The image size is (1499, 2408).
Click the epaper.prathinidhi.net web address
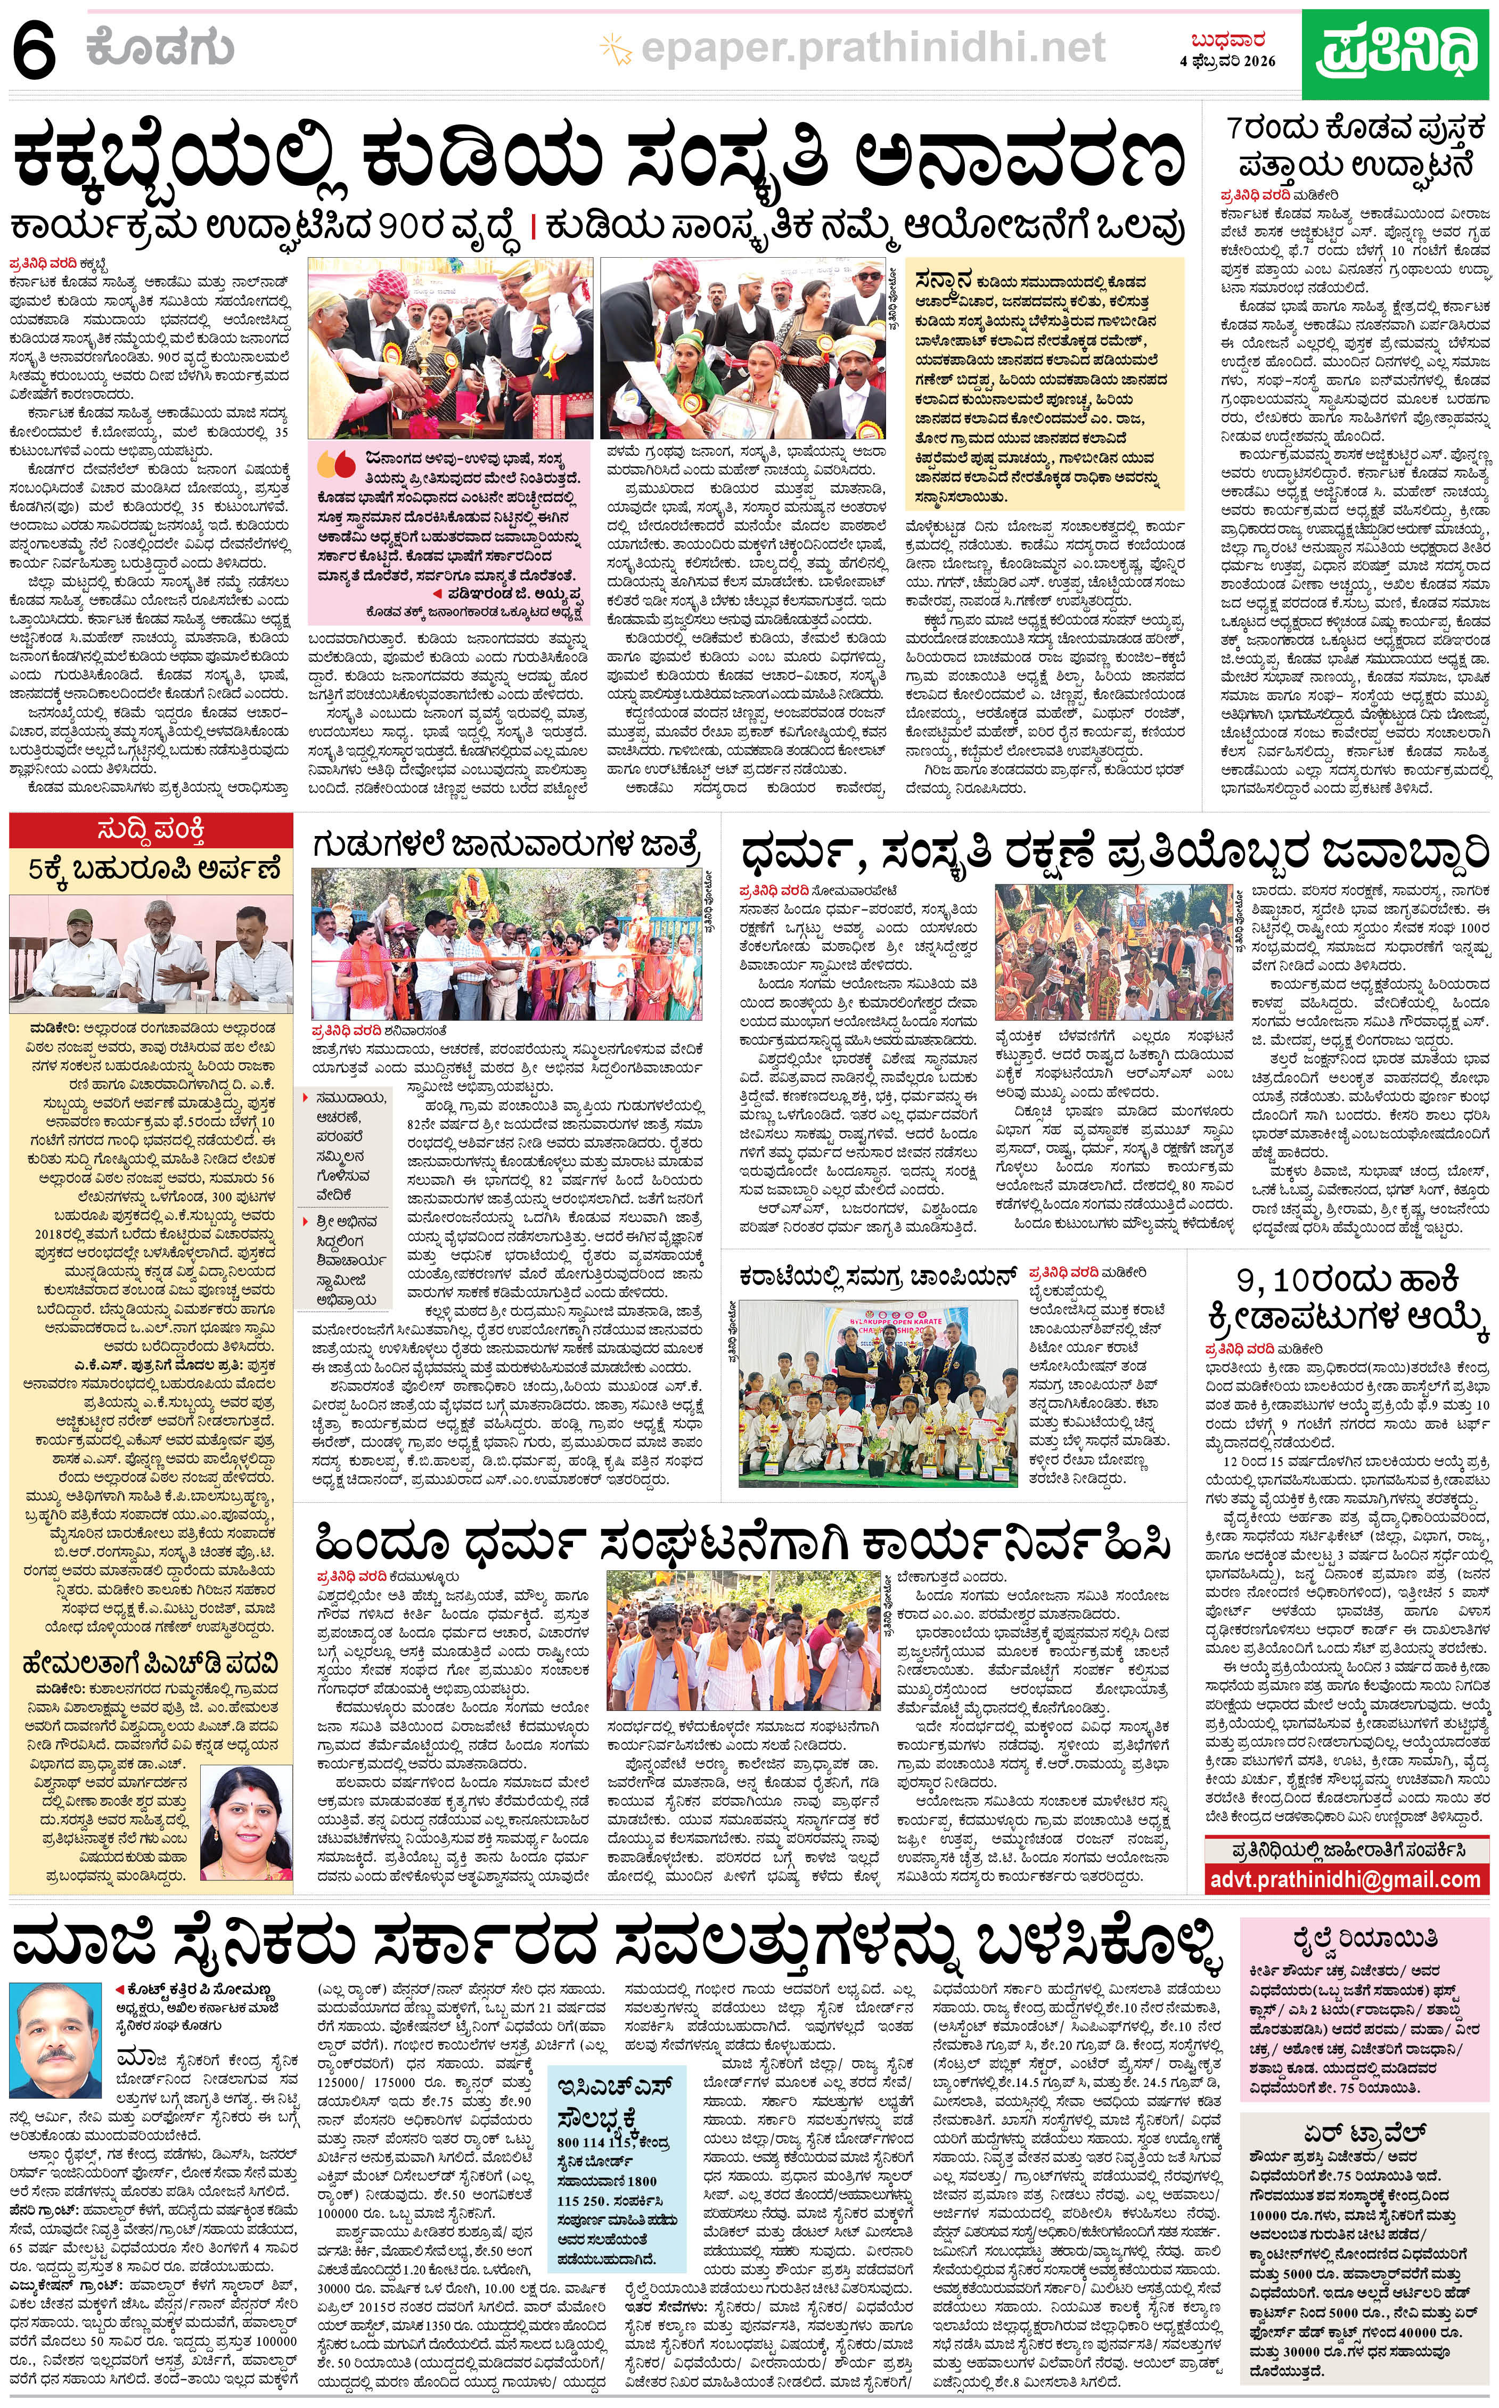pos(872,46)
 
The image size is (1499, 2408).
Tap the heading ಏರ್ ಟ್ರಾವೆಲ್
pos(1364,2133)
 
